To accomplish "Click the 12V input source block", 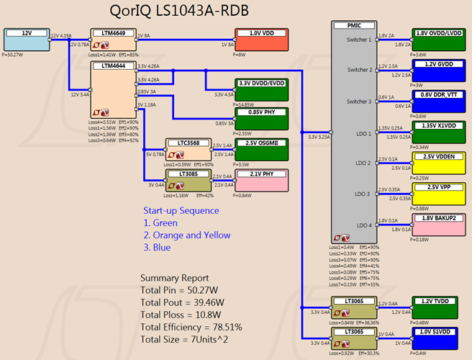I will tap(27, 39).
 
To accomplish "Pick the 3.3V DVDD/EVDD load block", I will tap(261, 87).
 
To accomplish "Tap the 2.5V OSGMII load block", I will tap(261, 147).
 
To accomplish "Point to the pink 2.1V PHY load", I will tap(261, 178).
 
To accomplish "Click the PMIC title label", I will tap(354, 24).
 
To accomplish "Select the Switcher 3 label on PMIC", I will tap(358, 101).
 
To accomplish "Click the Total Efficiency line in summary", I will tap(191, 327).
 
